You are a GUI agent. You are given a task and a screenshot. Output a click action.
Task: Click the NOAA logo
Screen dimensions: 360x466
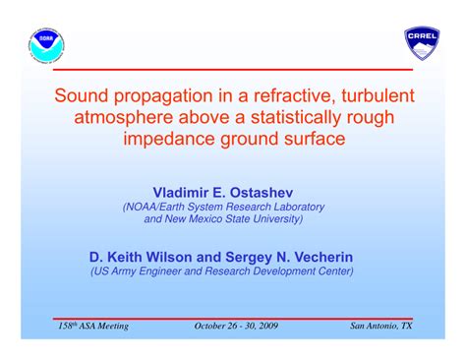pos(43,42)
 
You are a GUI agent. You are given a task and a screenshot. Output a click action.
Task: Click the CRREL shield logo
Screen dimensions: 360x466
pos(422,43)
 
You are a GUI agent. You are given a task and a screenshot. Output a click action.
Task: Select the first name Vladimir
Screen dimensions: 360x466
pos(188,191)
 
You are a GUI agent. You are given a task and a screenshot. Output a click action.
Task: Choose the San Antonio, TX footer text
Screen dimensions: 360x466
pos(381,326)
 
